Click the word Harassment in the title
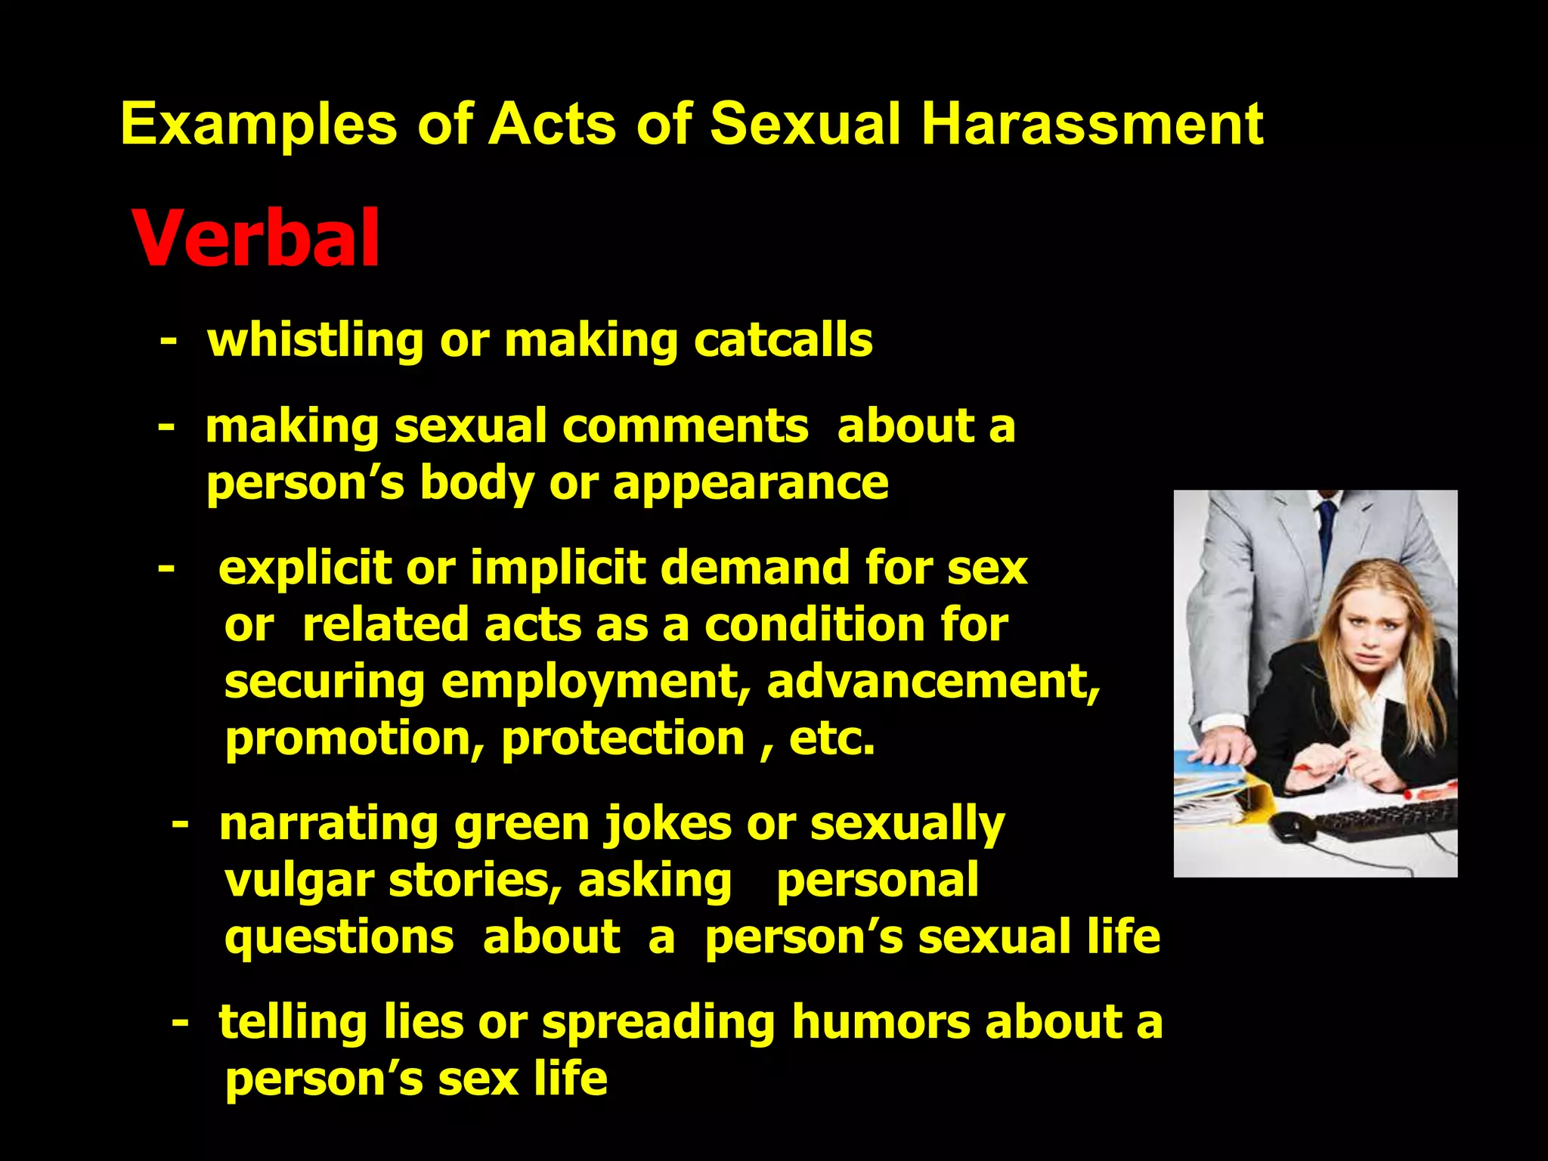pyautogui.click(x=1091, y=124)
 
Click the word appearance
pyautogui.click(x=751, y=484)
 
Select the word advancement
pyautogui.click(x=933, y=683)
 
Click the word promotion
pyautogui.click(x=354, y=738)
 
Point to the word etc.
pyautogui.click(x=831, y=738)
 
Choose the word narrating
pyautogui.click(x=330, y=825)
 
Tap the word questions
pyautogui.click(x=339, y=938)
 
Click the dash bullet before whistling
pyautogui.click(x=169, y=342)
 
